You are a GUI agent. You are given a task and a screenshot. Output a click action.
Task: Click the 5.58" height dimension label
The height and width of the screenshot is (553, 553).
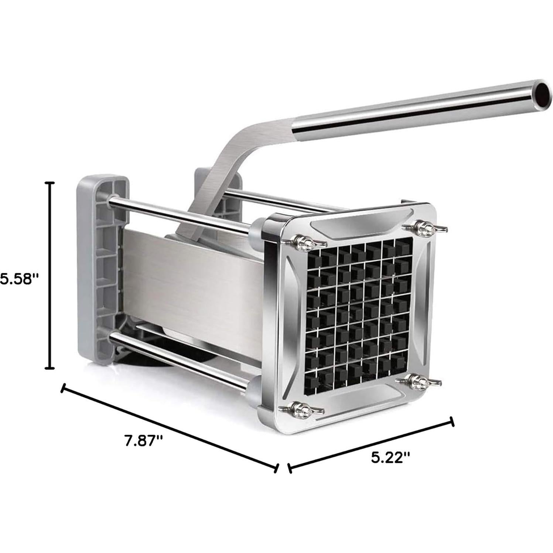pos(19,279)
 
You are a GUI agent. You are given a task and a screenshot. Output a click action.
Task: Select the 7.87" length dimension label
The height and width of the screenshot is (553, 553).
pos(143,441)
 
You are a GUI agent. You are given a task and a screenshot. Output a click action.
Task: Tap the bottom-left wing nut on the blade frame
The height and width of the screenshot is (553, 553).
pos(302,409)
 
